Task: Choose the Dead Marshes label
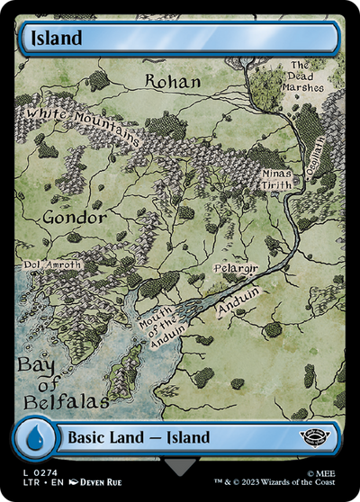(x=301, y=76)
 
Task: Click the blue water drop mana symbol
(x=35, y=438)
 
